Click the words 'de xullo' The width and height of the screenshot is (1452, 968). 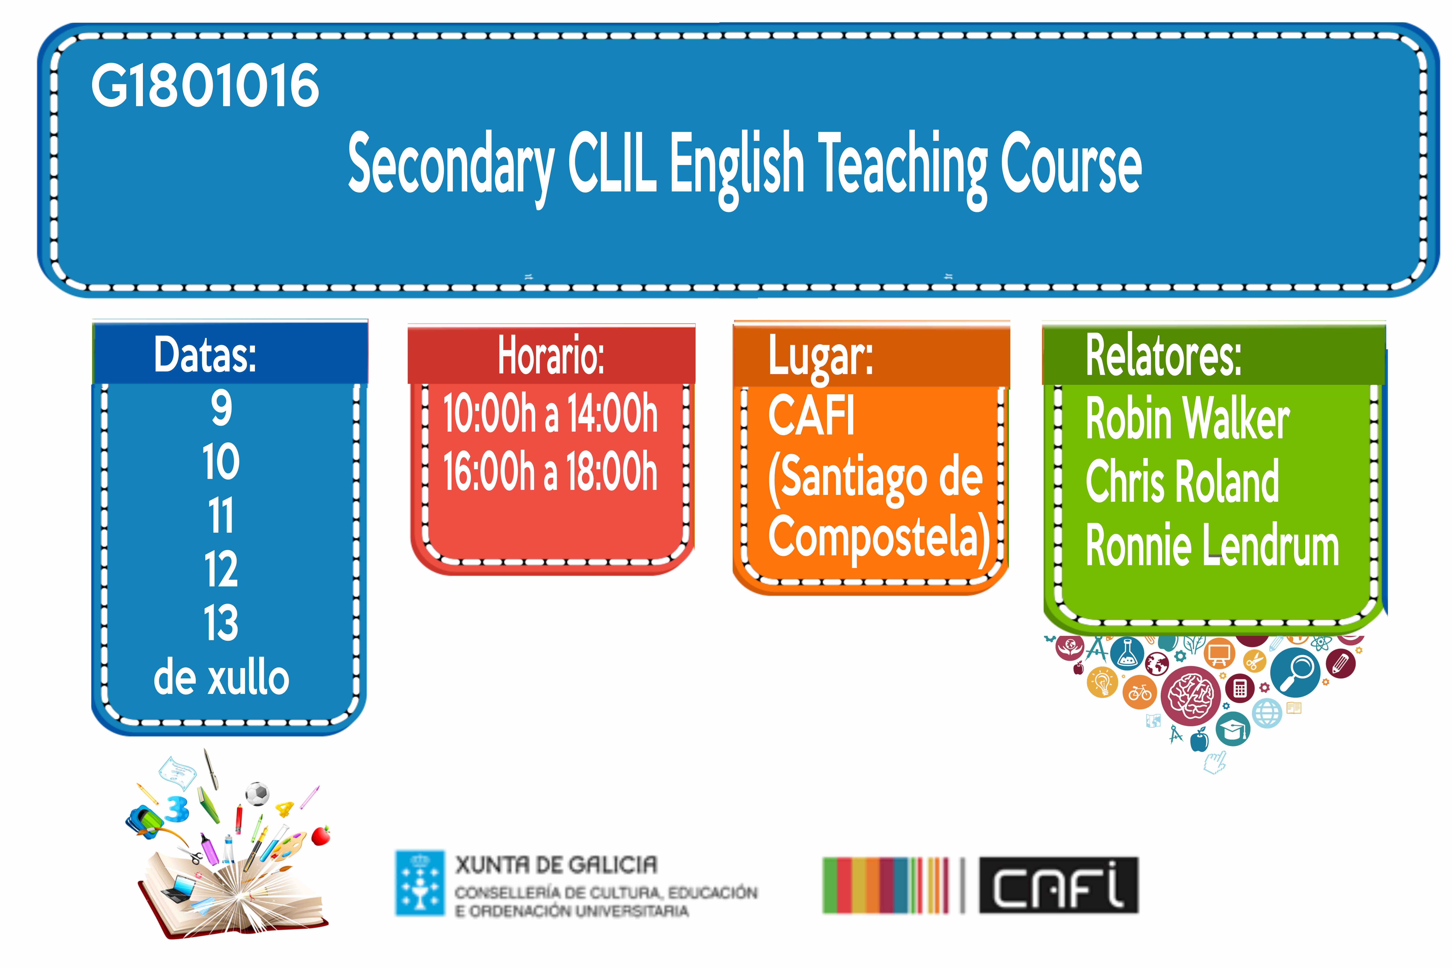[221, 678]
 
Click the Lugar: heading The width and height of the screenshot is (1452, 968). [821, 356]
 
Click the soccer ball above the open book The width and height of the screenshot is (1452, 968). [257, 794]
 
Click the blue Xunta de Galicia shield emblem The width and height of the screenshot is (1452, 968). [420, 883]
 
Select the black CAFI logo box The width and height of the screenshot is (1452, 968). [1059, 885]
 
